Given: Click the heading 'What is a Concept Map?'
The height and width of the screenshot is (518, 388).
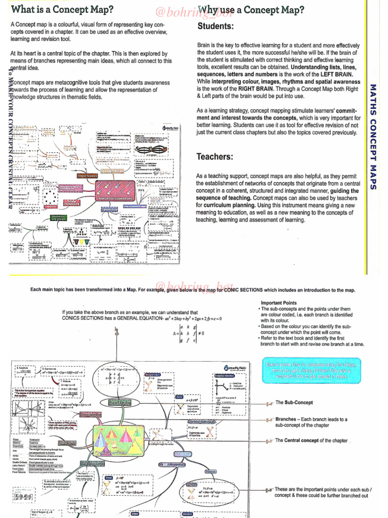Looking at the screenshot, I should pyautogui.click(x=62, y=10).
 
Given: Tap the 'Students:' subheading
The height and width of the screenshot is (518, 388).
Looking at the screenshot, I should pyautogui.click(x=215, y=26).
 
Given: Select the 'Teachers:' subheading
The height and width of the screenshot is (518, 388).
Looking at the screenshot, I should pyautogui.click(x=215, y=156).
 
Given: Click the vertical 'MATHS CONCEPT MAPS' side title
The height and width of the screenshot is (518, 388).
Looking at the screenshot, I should pyautogui.click(x=373, y=137).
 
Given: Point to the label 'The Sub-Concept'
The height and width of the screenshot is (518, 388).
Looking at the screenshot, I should pyautogui.click(x=295, y=403).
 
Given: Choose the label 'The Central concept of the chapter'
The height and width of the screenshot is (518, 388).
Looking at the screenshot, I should pyautogui.click(x=311, y=441).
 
